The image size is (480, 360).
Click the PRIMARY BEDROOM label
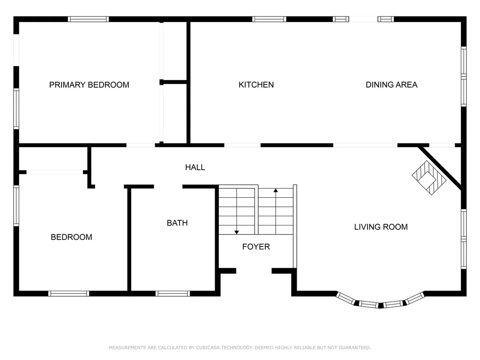[89, 85]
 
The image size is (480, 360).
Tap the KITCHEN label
[256, 85]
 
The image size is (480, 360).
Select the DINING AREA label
[391, 85]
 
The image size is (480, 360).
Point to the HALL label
[195, 167]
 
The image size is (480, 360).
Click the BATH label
[177, 223]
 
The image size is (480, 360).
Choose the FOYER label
[256, 247]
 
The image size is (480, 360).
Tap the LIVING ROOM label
[381, 227]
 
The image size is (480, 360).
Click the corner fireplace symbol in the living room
[429, 178]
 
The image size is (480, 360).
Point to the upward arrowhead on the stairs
[276, 190]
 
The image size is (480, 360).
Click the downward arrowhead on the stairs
[237, 232]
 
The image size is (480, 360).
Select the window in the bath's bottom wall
[172, 293]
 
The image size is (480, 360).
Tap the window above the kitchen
[269, 19]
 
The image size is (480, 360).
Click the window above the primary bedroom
[88, 19]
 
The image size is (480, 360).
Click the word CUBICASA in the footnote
[208, 347]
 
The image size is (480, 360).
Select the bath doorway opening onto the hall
[168, 187]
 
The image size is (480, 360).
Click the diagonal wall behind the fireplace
[440, 168]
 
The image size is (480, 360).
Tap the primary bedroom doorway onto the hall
[141, 145]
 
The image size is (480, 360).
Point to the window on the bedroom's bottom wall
[68, 293]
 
